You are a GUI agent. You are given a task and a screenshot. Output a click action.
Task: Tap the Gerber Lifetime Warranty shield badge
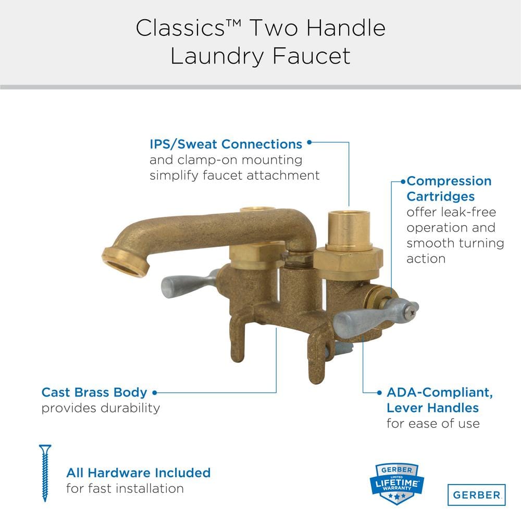(396, 484)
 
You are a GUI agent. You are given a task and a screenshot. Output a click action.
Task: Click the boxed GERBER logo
(477, 495)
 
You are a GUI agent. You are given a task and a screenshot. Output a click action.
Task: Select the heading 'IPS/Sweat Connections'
(226, 144)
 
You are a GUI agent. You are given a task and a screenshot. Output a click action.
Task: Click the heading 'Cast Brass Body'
(94, 392)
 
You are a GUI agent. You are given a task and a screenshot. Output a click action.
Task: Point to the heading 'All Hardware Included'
(138, 473)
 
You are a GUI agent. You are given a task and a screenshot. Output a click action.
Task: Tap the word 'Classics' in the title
(180, 28)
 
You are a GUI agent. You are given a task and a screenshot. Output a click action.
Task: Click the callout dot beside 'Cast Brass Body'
(155, 392)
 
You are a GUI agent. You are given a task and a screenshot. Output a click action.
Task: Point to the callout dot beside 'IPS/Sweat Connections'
(309, 142)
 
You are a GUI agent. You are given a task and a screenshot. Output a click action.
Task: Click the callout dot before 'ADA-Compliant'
(379, 392)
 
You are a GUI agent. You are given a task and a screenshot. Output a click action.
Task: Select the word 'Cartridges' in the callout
(441, 196)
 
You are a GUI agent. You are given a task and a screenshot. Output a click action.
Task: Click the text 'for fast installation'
(125, 489)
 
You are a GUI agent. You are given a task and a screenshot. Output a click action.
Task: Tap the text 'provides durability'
(101, 408)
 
